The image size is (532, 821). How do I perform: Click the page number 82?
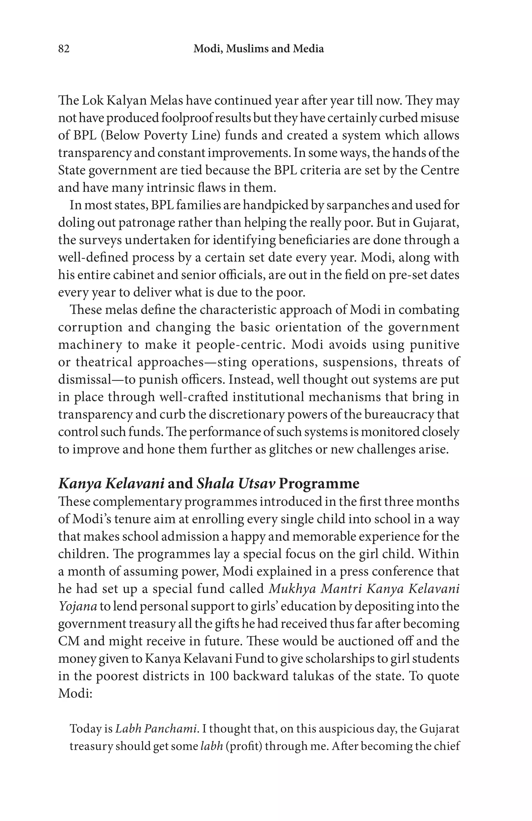64,49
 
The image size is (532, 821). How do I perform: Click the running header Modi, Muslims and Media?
258,49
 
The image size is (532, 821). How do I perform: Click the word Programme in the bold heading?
319,484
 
